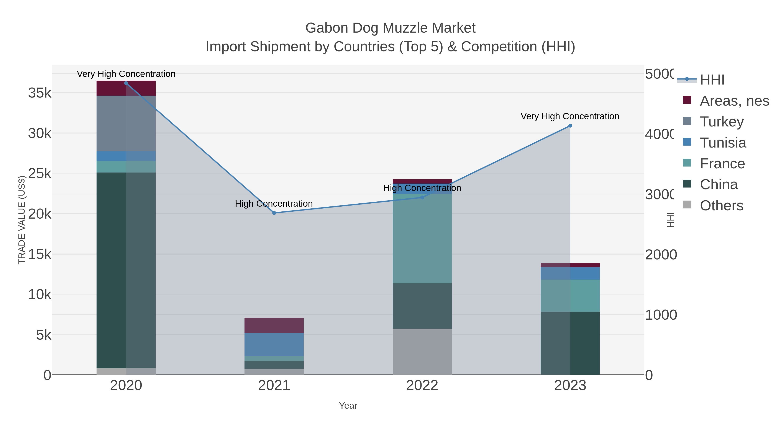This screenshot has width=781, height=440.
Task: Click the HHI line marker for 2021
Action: point(274,213)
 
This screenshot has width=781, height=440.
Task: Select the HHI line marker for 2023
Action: point(570,126)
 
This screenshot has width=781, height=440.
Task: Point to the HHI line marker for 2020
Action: point(126,83)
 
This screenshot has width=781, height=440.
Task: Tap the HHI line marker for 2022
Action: point(422,197)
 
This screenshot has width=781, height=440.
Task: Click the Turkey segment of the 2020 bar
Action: point(126,123)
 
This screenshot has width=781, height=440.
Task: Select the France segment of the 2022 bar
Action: point(422,238)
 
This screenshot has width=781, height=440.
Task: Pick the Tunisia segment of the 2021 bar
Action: point(274,344)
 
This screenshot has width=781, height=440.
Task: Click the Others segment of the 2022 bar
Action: point(422,352)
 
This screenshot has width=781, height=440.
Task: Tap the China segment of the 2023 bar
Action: point(570,343)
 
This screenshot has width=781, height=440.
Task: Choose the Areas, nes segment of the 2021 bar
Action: point(274,325)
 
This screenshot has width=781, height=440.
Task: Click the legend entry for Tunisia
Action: point(723,143)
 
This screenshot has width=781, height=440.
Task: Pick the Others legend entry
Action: point(722,206)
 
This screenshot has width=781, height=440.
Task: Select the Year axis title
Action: point(348,406)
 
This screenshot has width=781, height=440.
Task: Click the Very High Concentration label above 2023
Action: point(570,116)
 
